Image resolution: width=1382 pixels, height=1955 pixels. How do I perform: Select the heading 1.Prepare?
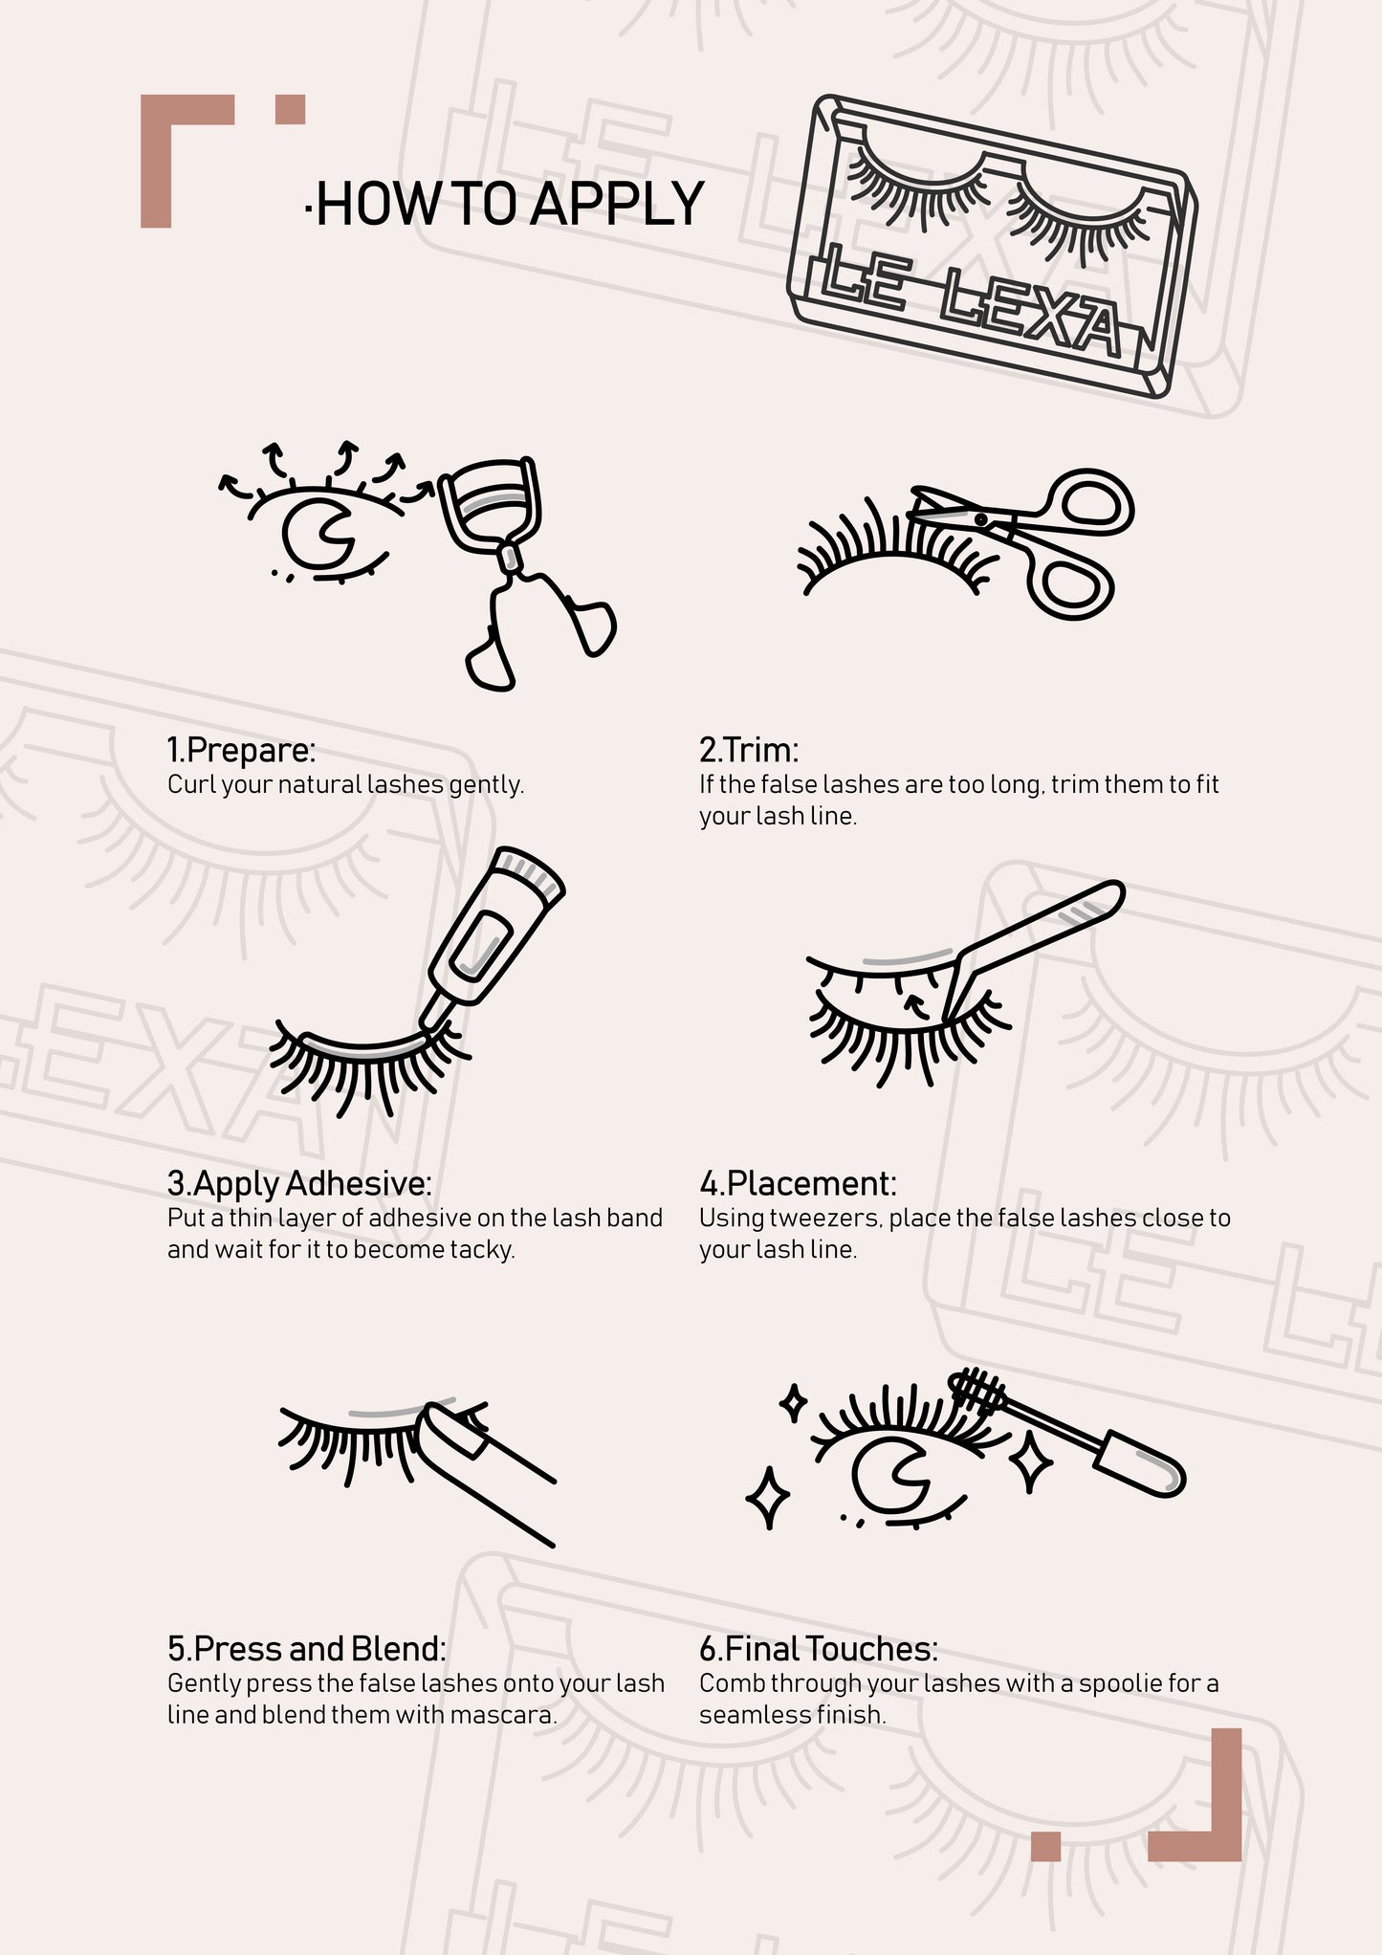pyautogui.click(x=241, y=750)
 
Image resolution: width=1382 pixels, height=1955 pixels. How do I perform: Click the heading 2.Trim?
pyautogui.click(x=749, y=749)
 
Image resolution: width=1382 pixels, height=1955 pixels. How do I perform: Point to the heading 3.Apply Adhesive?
pyautogui.click(x=299, y=1184)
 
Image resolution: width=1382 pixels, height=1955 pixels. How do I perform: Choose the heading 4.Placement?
pyautogui.click(x=798, y=1183)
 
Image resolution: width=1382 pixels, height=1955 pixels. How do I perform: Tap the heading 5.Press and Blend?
pyautogui.click(x=307, y=1649)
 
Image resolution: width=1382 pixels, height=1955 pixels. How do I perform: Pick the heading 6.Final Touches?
pyautogui.click(x=819, y=1649)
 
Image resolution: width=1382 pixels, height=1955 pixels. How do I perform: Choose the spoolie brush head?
pyautogui.click(x=978, y=1392)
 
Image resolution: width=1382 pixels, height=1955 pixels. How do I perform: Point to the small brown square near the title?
pyautogui.click(x=290, y=109)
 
